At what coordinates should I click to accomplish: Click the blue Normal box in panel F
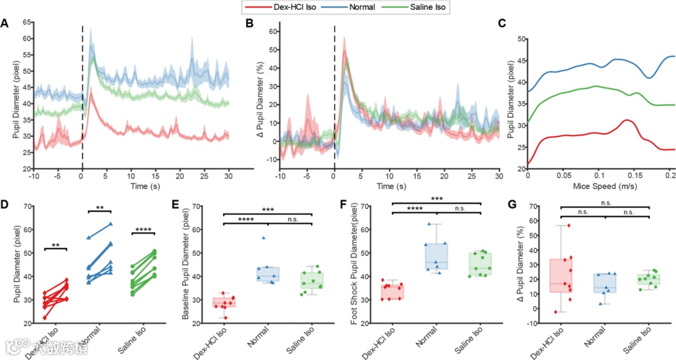[438, 256]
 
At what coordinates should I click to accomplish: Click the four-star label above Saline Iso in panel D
[142, 232]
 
